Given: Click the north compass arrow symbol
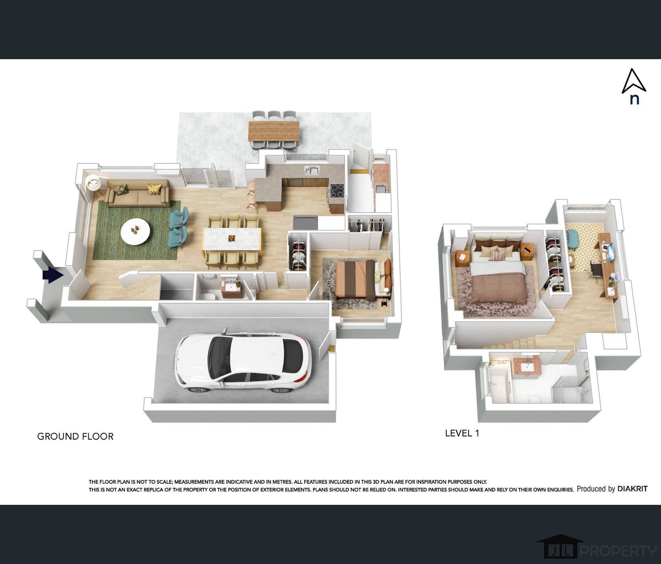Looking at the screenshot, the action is coord(634,81).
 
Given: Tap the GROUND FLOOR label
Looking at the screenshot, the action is coord(75,436).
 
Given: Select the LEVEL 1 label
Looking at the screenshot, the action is coord(462,433).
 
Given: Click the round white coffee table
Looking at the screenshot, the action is coord(135,231).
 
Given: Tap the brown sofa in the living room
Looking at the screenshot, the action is coord(138,193).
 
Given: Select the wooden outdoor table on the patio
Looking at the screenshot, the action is coord(274,131).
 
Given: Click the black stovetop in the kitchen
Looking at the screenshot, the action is coord(337,190).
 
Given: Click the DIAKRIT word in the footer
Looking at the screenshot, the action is coord(632,489).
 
